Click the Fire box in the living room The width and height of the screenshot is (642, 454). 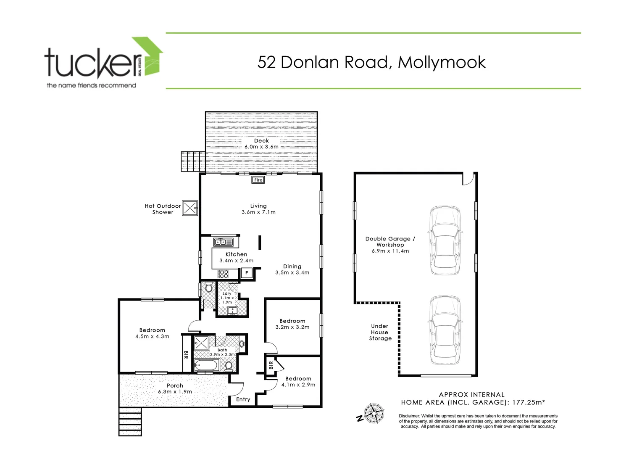click(258, 180)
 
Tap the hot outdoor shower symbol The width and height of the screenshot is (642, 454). click(190, 208)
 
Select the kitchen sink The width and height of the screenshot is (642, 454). click(223, 242)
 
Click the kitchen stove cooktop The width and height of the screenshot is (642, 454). click(223, 274)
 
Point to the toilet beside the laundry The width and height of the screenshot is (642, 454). click(208, 288)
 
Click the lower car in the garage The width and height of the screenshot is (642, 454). click(445, 330)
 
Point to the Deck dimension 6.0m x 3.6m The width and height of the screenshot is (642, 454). click(261, 147)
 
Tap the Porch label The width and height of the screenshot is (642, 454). click(175, 385)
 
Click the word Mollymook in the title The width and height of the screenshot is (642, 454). click(442, 62)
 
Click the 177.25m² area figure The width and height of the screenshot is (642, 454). click(527, 402)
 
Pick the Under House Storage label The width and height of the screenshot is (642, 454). click(380, 332)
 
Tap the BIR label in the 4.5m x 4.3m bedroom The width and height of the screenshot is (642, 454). click(186, 355)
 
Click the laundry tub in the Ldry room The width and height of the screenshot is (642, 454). click(232, 311)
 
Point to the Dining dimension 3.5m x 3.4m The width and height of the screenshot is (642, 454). click(292, 272)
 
